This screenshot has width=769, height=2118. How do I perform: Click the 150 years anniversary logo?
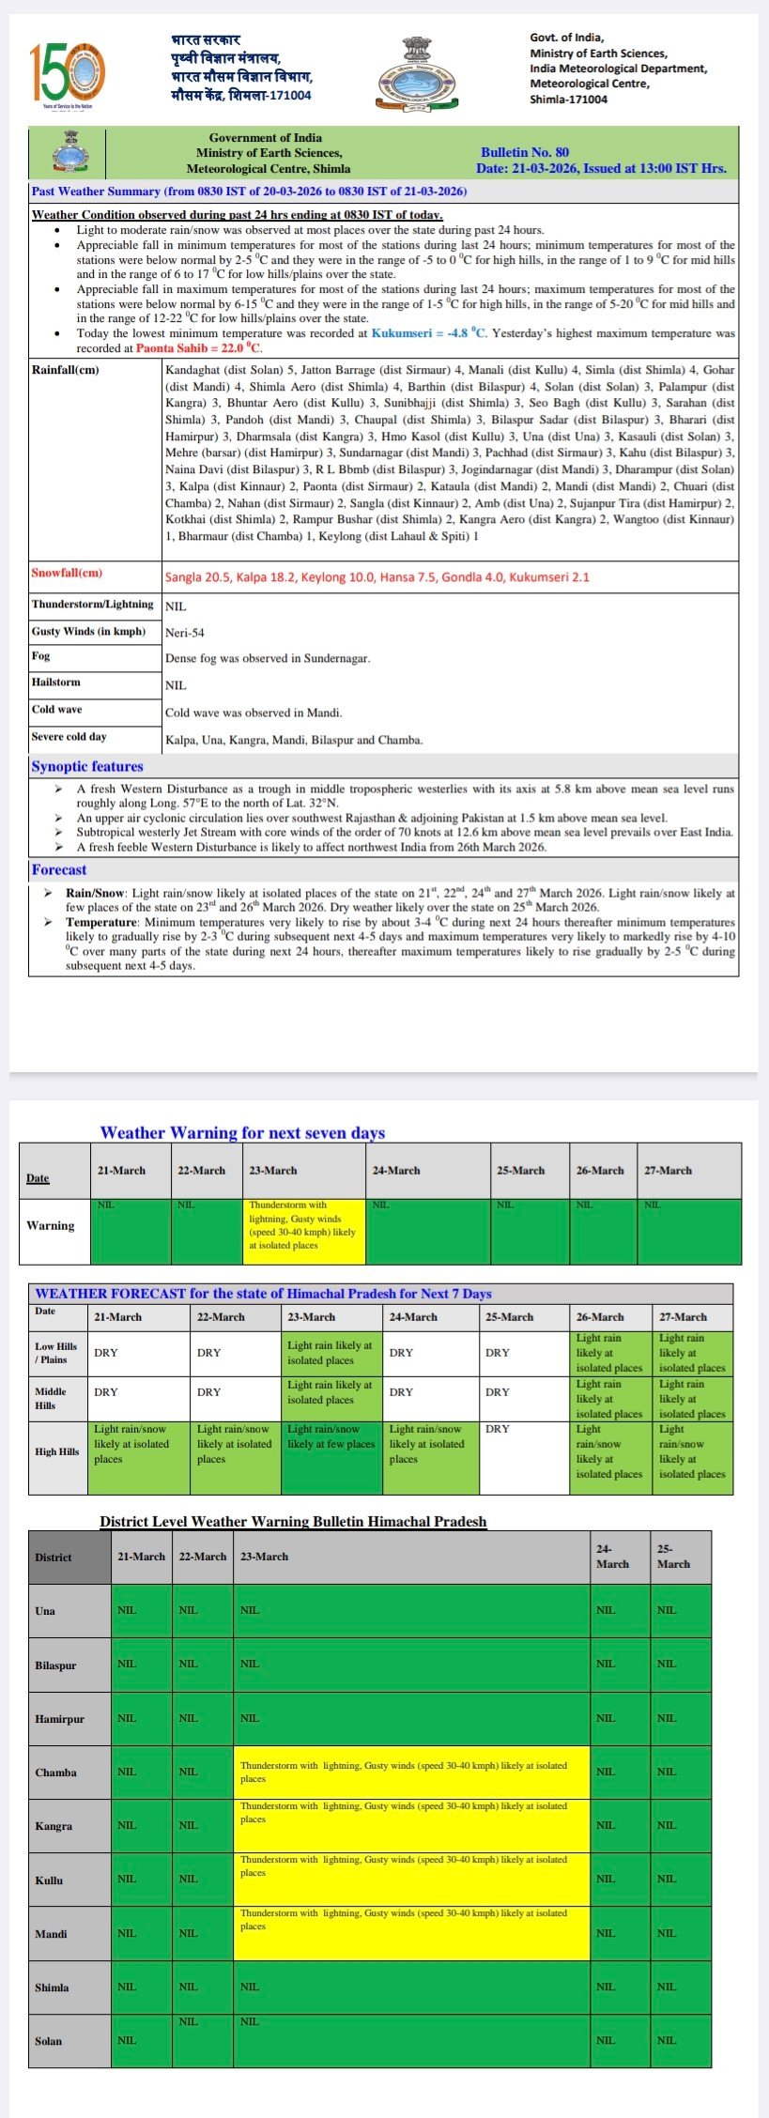point(67,73)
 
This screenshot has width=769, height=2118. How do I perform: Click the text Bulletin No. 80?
point(524,152)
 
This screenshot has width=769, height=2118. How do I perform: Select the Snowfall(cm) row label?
point(67,573)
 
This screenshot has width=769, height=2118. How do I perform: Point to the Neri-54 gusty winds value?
point(185,633)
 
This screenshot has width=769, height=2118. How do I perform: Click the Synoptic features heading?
point(87,766)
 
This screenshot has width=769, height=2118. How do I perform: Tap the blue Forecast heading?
point(58,869)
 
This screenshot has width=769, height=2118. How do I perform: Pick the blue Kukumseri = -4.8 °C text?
point(429,333)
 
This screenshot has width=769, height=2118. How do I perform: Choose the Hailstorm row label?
point(56,683)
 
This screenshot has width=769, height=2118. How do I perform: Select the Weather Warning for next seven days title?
point(242,1132)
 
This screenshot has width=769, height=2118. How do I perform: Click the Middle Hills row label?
point(52,1398)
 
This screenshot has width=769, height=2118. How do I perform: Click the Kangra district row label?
point(54,1825)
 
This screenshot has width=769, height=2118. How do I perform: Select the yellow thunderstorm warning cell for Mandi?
point(411,1932)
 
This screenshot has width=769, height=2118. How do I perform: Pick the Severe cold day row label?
point(69,737)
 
